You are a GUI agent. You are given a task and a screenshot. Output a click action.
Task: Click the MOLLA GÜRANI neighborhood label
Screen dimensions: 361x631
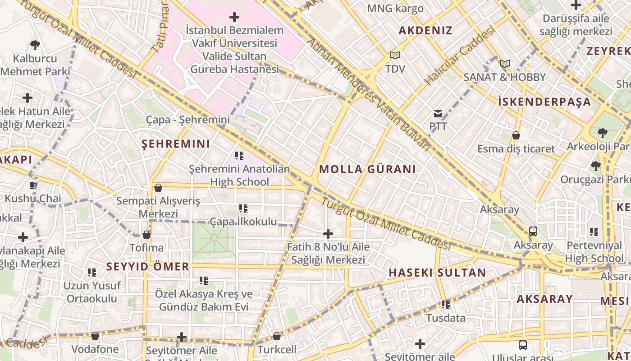[367, 170]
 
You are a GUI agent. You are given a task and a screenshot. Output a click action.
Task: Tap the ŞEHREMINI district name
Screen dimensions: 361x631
[176, 144]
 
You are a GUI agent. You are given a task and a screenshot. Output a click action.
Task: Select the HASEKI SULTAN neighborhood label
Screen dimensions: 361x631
[437, 273]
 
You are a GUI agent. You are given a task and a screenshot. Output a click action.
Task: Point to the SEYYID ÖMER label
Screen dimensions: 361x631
[148, 267]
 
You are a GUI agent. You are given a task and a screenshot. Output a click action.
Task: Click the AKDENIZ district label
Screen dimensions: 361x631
[425, 31]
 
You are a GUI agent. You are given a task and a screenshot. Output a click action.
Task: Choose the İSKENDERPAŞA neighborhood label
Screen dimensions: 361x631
[544, 102]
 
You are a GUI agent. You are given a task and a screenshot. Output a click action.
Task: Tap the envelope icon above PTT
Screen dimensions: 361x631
[438, 113]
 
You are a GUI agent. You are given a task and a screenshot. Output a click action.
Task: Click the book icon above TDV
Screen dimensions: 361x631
[395, 55]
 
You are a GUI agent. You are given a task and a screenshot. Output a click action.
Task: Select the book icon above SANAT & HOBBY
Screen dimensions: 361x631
[504, 64]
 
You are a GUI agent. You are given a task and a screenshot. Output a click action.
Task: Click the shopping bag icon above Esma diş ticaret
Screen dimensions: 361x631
[516, 135]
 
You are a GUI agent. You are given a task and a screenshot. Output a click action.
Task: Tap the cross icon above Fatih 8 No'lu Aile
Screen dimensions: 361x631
[328, 233]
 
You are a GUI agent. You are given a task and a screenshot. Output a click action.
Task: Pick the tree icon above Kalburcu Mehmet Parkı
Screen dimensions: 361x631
[35, 45]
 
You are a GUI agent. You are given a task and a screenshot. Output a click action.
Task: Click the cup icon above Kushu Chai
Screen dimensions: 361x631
[33, 185]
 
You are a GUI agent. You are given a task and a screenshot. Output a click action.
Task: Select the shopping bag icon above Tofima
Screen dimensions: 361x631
[146, 235]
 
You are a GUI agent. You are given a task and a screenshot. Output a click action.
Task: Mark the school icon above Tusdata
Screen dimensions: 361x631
[446, 305]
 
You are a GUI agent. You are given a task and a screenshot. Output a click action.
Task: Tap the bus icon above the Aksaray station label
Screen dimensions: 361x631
[533, 231]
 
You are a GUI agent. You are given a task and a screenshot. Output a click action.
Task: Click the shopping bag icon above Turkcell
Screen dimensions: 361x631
[277, 336]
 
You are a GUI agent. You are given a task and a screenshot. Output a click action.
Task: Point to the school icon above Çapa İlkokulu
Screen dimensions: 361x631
[243, 208]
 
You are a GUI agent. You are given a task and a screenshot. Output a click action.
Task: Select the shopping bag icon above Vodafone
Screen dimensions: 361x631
[95, 336]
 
